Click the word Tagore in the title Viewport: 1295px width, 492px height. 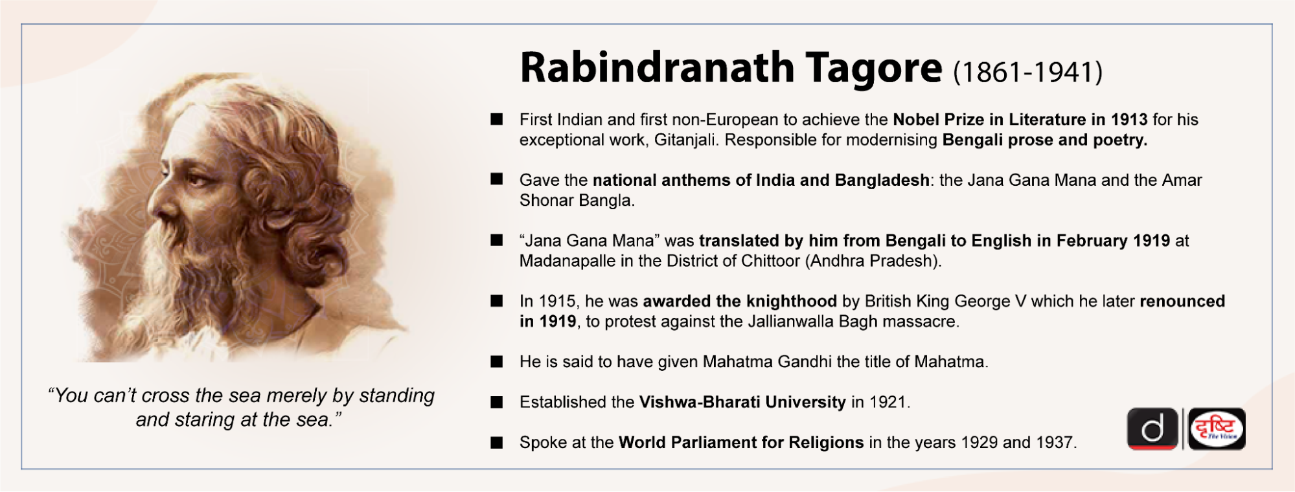(874, 69)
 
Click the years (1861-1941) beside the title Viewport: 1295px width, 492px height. (1027, 72)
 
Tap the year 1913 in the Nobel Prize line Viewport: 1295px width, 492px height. (1129, 120)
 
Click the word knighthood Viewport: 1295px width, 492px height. (792, 302)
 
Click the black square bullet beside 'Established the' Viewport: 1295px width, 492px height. (497, 402)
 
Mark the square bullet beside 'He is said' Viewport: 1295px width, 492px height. (497, 362)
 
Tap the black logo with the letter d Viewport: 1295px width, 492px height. (1152, 429)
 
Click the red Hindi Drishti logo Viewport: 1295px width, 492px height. (1217, 429)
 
